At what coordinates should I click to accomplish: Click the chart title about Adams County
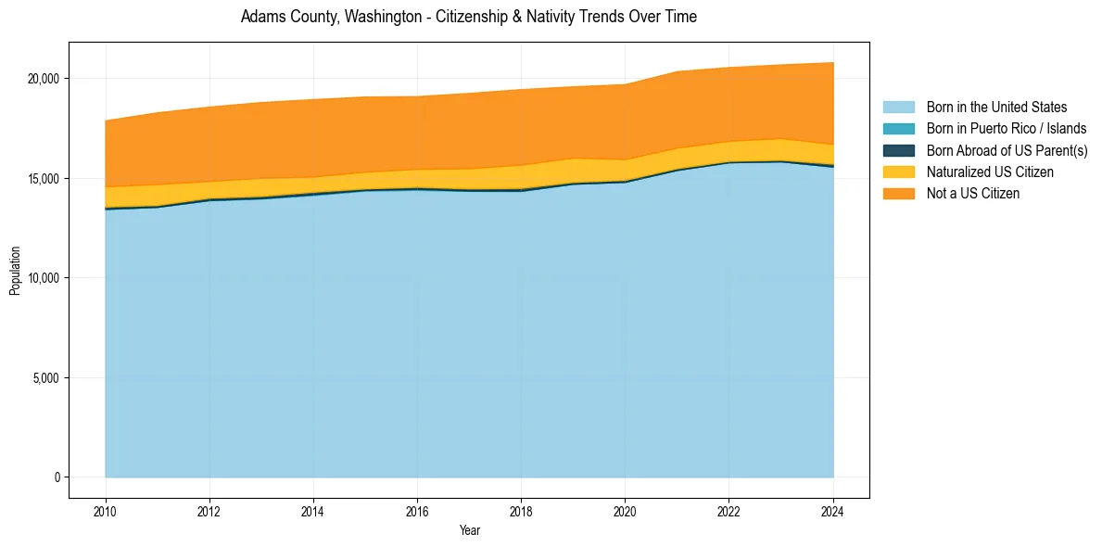point(468,17)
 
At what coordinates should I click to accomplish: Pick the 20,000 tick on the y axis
point(44,79)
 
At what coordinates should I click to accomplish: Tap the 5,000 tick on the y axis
point(46,378)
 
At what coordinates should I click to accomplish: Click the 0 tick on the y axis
point(57,477)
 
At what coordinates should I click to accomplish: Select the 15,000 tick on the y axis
point(44,178)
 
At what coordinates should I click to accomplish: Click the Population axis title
point(15,271)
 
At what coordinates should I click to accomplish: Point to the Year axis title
point(469,530)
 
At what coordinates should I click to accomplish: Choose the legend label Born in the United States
point(996,108)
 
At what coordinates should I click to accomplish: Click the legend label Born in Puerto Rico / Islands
point(1007,129)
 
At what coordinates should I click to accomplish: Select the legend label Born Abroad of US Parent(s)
point(1007,150)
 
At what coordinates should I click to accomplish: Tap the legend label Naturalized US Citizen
point(990,172)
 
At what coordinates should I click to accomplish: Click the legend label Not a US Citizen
point(973,194)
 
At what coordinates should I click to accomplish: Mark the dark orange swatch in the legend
point(898,194)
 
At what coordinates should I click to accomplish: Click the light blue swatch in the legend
point(898,108)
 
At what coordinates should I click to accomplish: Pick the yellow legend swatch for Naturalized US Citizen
point(898,172)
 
